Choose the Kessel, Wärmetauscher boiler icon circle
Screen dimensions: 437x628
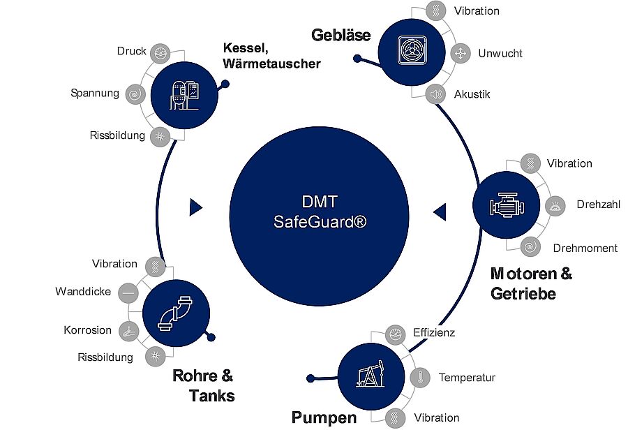[184, 91]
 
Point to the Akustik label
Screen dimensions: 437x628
[472, 94]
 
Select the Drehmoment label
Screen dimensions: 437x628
[585, 248]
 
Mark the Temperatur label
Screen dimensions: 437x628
[467, 378]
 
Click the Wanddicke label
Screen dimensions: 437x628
[83, 292]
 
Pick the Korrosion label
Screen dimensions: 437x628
[87, 330]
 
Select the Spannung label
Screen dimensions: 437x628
[95, 93]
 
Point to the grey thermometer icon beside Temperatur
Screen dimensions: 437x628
[421, 378]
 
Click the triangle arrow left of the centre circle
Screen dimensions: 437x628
[196, 207]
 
